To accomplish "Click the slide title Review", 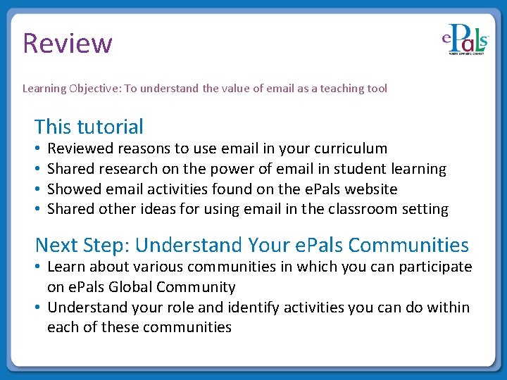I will pyautogui.click(x=68, y=43).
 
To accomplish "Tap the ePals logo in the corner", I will pyautogui.click(x=465, y=40).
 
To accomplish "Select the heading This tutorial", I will pyautogui.click(x=89, y=127).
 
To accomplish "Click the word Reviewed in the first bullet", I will pyautogui.click(x=80, y=148).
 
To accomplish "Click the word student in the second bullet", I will pyautogui.click(x=343, y=169).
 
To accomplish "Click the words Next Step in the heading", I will pyautogui.click(x=81, y=245).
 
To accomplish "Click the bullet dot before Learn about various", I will pyautogui.click(x=38, y=267).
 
